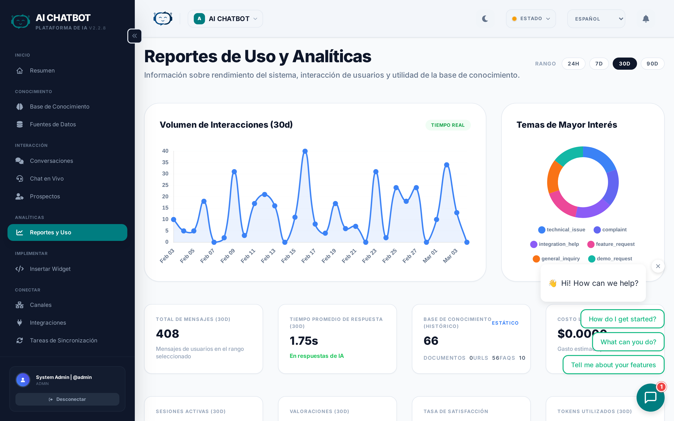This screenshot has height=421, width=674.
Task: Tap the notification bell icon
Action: tap(646, 19)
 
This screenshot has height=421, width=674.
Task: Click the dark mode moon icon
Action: tap(485, 19)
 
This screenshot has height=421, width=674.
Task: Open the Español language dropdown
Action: tap(596, 19)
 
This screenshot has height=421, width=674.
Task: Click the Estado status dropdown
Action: tap(531, 19)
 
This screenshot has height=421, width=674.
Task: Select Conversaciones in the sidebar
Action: tap(51, 161)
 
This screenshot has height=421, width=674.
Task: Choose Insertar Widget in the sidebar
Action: tap(50, 269)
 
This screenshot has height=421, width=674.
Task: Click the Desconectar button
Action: tap(67, 399)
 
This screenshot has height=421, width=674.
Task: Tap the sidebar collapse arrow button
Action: tap(135, 36)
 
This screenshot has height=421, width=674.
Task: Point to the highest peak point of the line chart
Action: tap(305, 151)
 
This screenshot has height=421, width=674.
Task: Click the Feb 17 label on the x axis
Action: tap(308, 256)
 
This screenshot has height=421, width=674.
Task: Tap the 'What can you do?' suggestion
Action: tap(628, 342)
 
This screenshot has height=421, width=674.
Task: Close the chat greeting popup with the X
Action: tap(658, 266)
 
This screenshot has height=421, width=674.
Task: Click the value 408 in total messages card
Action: tap(167, 334)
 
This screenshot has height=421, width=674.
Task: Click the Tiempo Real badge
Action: tap(447, 125)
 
